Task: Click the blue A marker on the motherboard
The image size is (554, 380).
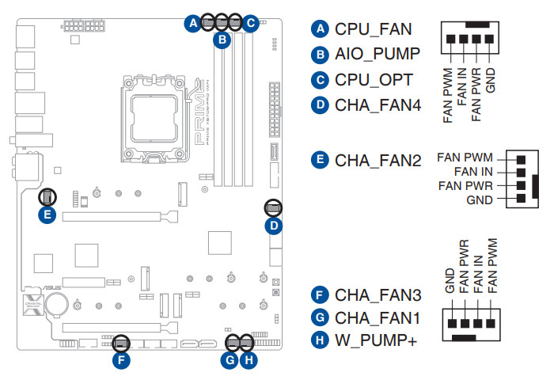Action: pos(192,23)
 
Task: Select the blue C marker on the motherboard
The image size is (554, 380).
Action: pos(251,23)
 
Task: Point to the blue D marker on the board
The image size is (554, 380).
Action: pos(273,226)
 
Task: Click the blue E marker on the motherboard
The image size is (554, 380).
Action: pos(47,214)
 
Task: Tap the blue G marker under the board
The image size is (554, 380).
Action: pos(229,360)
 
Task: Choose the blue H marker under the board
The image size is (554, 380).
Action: pos(249,360)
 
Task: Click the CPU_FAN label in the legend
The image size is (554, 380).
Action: pos(373,29)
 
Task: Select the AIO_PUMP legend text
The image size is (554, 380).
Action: pos(378,55)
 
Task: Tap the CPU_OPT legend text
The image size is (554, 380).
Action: pos(374,80)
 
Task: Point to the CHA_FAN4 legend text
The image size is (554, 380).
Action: pos(378,105)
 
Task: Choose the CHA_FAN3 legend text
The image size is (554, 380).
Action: pos(378,296)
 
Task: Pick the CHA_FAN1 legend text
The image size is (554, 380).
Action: pos(378,319)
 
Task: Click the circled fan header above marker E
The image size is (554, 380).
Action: pos(47,196)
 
